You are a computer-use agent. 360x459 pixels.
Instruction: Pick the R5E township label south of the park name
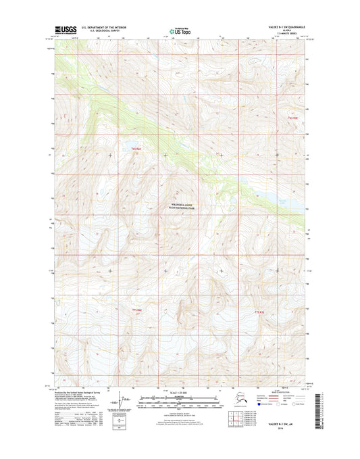[x=259, y=311]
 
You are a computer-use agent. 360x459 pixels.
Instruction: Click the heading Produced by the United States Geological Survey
[x=82, y=392]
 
